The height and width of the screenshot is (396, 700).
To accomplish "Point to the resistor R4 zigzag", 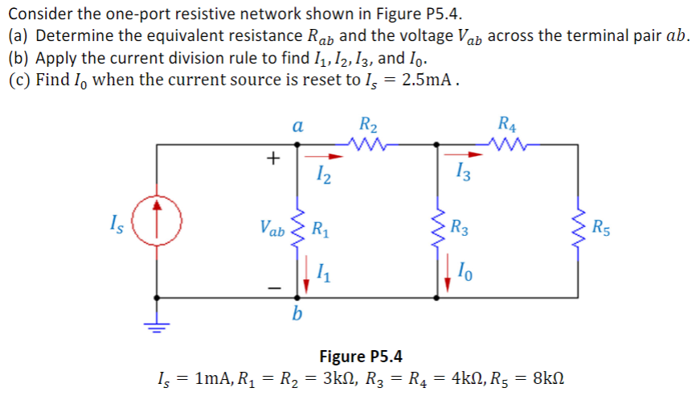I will (x=508, y=145).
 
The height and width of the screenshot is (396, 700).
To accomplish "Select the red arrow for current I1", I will (x=308, y=278).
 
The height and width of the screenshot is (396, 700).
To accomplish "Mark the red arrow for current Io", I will (x=446, y=278).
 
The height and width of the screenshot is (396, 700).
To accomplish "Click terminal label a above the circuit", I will (x=297, y=126).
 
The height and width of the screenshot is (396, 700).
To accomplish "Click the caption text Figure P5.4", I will (x=361, y=356).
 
